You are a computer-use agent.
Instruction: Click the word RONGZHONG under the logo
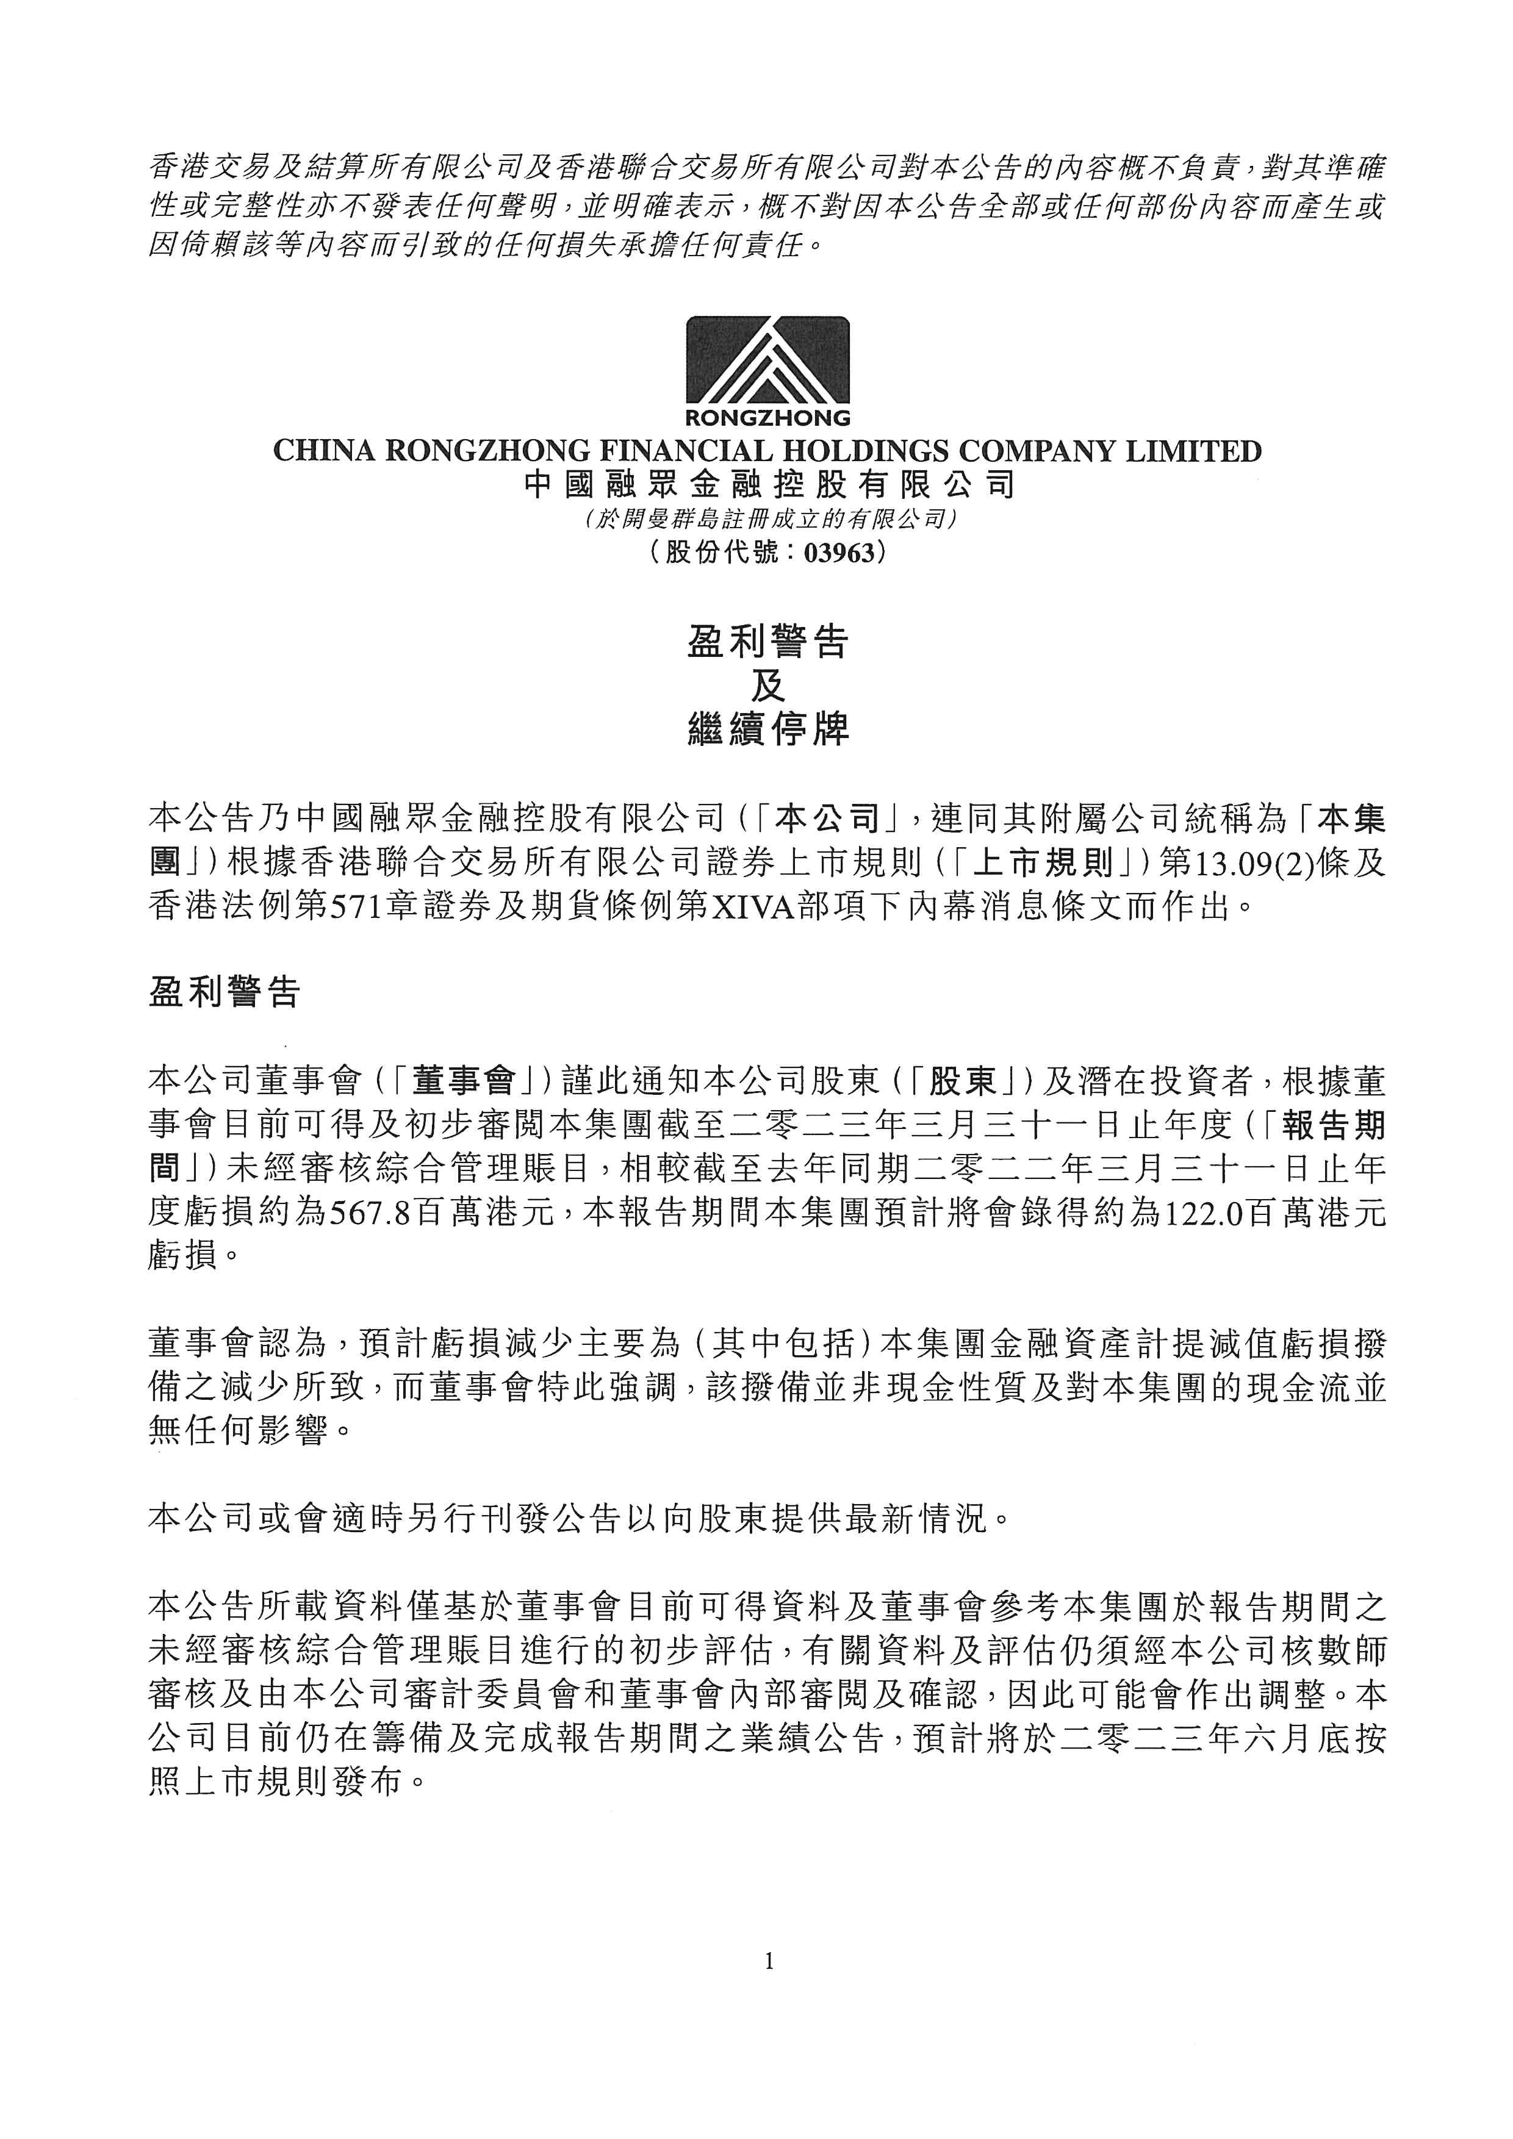pyautogui.click(x=767, y=417)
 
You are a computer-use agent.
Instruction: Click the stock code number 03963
pyautogui.click(x=839, y=553)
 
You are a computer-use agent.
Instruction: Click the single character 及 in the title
pyautogui.click(x=767, y=687)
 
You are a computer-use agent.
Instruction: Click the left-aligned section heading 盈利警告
pyautogui.click(x=224, y=992)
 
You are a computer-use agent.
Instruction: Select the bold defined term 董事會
pyautogui.click(x=463, y=1081)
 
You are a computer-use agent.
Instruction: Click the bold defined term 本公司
pyautogui.click(x=828, y=820)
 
